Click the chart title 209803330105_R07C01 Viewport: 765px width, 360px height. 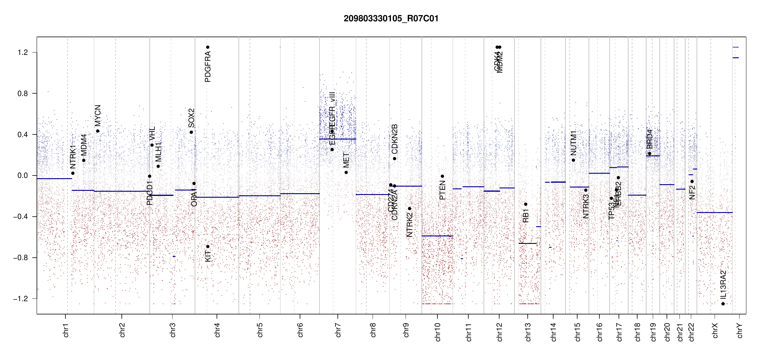[x=391, y=19]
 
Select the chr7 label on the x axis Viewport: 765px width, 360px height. [x=338, y=330]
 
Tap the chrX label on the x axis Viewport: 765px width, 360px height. [x=715, y=330]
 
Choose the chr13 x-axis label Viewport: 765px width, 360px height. [x=528, y=332]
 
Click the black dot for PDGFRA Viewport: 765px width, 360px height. [x=208, y=47]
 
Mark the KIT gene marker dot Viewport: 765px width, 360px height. [x=208, y=247]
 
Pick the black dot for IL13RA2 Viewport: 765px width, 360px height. [x=723, y=304]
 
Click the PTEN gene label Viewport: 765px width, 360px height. [x=442, y=190]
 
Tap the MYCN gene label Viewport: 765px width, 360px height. [x=98, y=115]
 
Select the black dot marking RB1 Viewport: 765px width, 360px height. [x=526, y=204]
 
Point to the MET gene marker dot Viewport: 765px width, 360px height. [x=346, y=172]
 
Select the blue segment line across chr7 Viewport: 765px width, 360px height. [x=337, y=139]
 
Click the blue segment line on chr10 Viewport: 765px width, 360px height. [x=437, y=236]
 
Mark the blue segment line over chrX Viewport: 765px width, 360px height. [x=714, y=212]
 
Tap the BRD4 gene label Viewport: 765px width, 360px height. [x=649, y=139]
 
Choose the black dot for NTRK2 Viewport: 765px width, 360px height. [x=409, y=208]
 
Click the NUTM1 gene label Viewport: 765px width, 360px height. [x=573, y=143]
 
